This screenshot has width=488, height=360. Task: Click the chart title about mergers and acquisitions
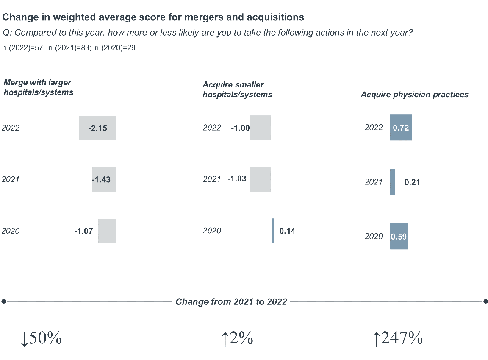(153, 17)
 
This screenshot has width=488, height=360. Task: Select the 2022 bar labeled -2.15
(97, 128)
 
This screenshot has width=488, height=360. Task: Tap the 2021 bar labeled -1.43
(104, 179)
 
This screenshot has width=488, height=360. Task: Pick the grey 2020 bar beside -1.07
(107, 231)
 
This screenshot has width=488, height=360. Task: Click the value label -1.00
(240, 128)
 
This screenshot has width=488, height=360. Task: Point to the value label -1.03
(237, 179)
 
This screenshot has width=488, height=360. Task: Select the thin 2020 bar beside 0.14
(273, 231)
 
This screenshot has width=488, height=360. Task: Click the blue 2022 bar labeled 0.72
(401, 127)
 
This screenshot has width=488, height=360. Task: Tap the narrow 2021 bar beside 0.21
(393, 182)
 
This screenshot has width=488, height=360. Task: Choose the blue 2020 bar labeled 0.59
(399, 236)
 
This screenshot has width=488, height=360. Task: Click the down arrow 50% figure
(41, 338)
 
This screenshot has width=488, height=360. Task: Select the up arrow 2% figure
(237, 338)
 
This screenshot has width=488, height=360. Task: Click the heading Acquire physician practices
(414, 95)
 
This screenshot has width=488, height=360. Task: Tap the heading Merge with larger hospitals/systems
(38, 87)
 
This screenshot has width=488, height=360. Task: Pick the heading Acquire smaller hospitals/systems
(237, 89)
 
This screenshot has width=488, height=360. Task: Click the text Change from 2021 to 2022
(231, 301)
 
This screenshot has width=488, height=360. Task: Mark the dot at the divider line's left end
(4, 301)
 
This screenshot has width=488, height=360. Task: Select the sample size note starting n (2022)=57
(69, 48)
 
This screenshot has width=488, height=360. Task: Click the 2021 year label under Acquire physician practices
(374, 182)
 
